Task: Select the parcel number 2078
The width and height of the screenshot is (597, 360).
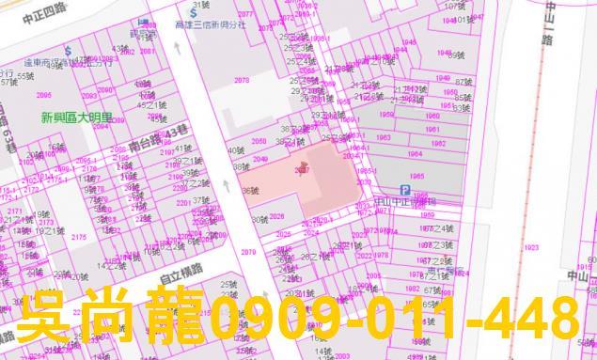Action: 242,81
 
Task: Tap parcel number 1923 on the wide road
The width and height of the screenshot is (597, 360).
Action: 531,247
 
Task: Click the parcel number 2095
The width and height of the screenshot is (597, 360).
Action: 43,95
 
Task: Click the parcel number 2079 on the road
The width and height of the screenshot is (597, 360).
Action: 247,252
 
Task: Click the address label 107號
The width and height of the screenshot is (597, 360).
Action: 455,6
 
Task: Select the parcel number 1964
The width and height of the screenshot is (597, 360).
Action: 415,155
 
